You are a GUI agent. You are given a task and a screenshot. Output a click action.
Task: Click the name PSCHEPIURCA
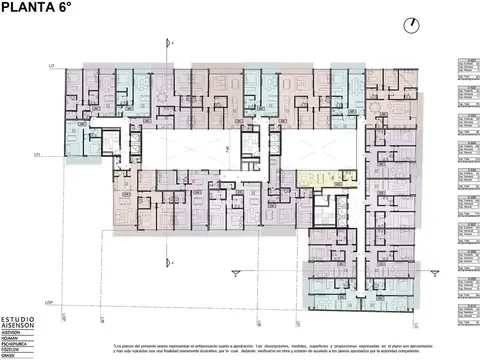16,346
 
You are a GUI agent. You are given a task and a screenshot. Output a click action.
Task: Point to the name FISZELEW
13,351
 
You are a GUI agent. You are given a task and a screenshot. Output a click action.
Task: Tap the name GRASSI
11,356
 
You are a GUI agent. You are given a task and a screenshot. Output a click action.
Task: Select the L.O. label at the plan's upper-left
49,67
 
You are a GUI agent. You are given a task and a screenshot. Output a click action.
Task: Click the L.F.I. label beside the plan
36,156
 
